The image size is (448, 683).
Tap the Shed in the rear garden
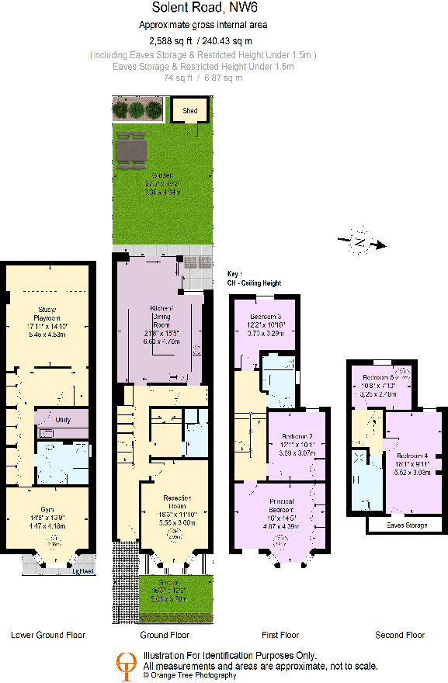(190, 111)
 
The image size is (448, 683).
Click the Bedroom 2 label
(295, 437)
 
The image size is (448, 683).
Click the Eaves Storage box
(407, 525)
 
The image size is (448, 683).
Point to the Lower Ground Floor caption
(48, 635)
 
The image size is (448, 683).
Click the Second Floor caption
(400, 635)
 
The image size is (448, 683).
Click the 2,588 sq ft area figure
(170, 40)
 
